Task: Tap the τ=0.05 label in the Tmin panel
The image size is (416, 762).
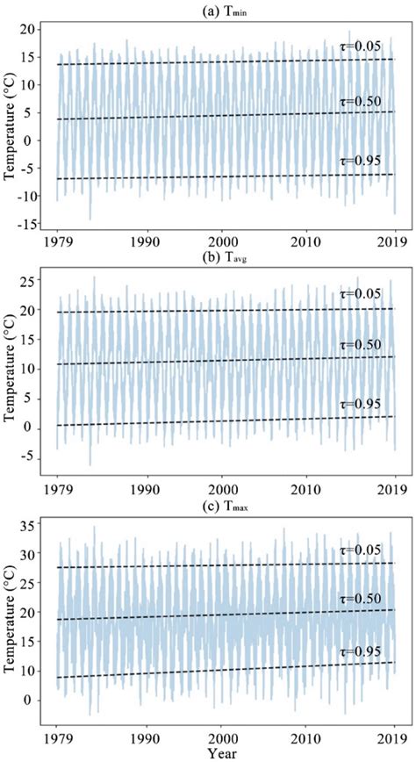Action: click(x=361, y=44)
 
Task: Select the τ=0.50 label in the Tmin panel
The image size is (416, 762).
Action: click(x=361, y=101)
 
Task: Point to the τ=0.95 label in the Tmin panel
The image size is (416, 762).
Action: click(x=361, y=161)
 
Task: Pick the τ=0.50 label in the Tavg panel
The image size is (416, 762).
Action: click(x=361, y=344)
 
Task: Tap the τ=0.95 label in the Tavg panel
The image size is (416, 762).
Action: click(x=361, y=404)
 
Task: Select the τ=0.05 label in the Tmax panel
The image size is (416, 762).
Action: click(x=361, y=550)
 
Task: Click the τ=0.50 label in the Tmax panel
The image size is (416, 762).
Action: click(x=361, y=598)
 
